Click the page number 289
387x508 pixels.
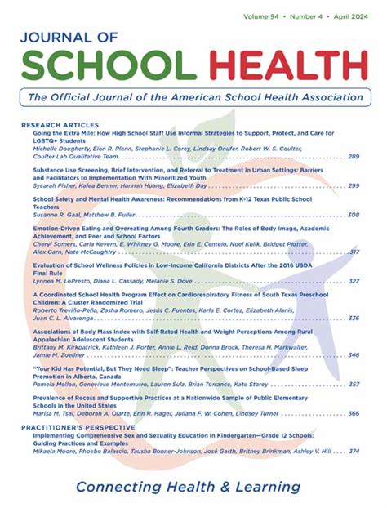(x=354, y=156)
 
